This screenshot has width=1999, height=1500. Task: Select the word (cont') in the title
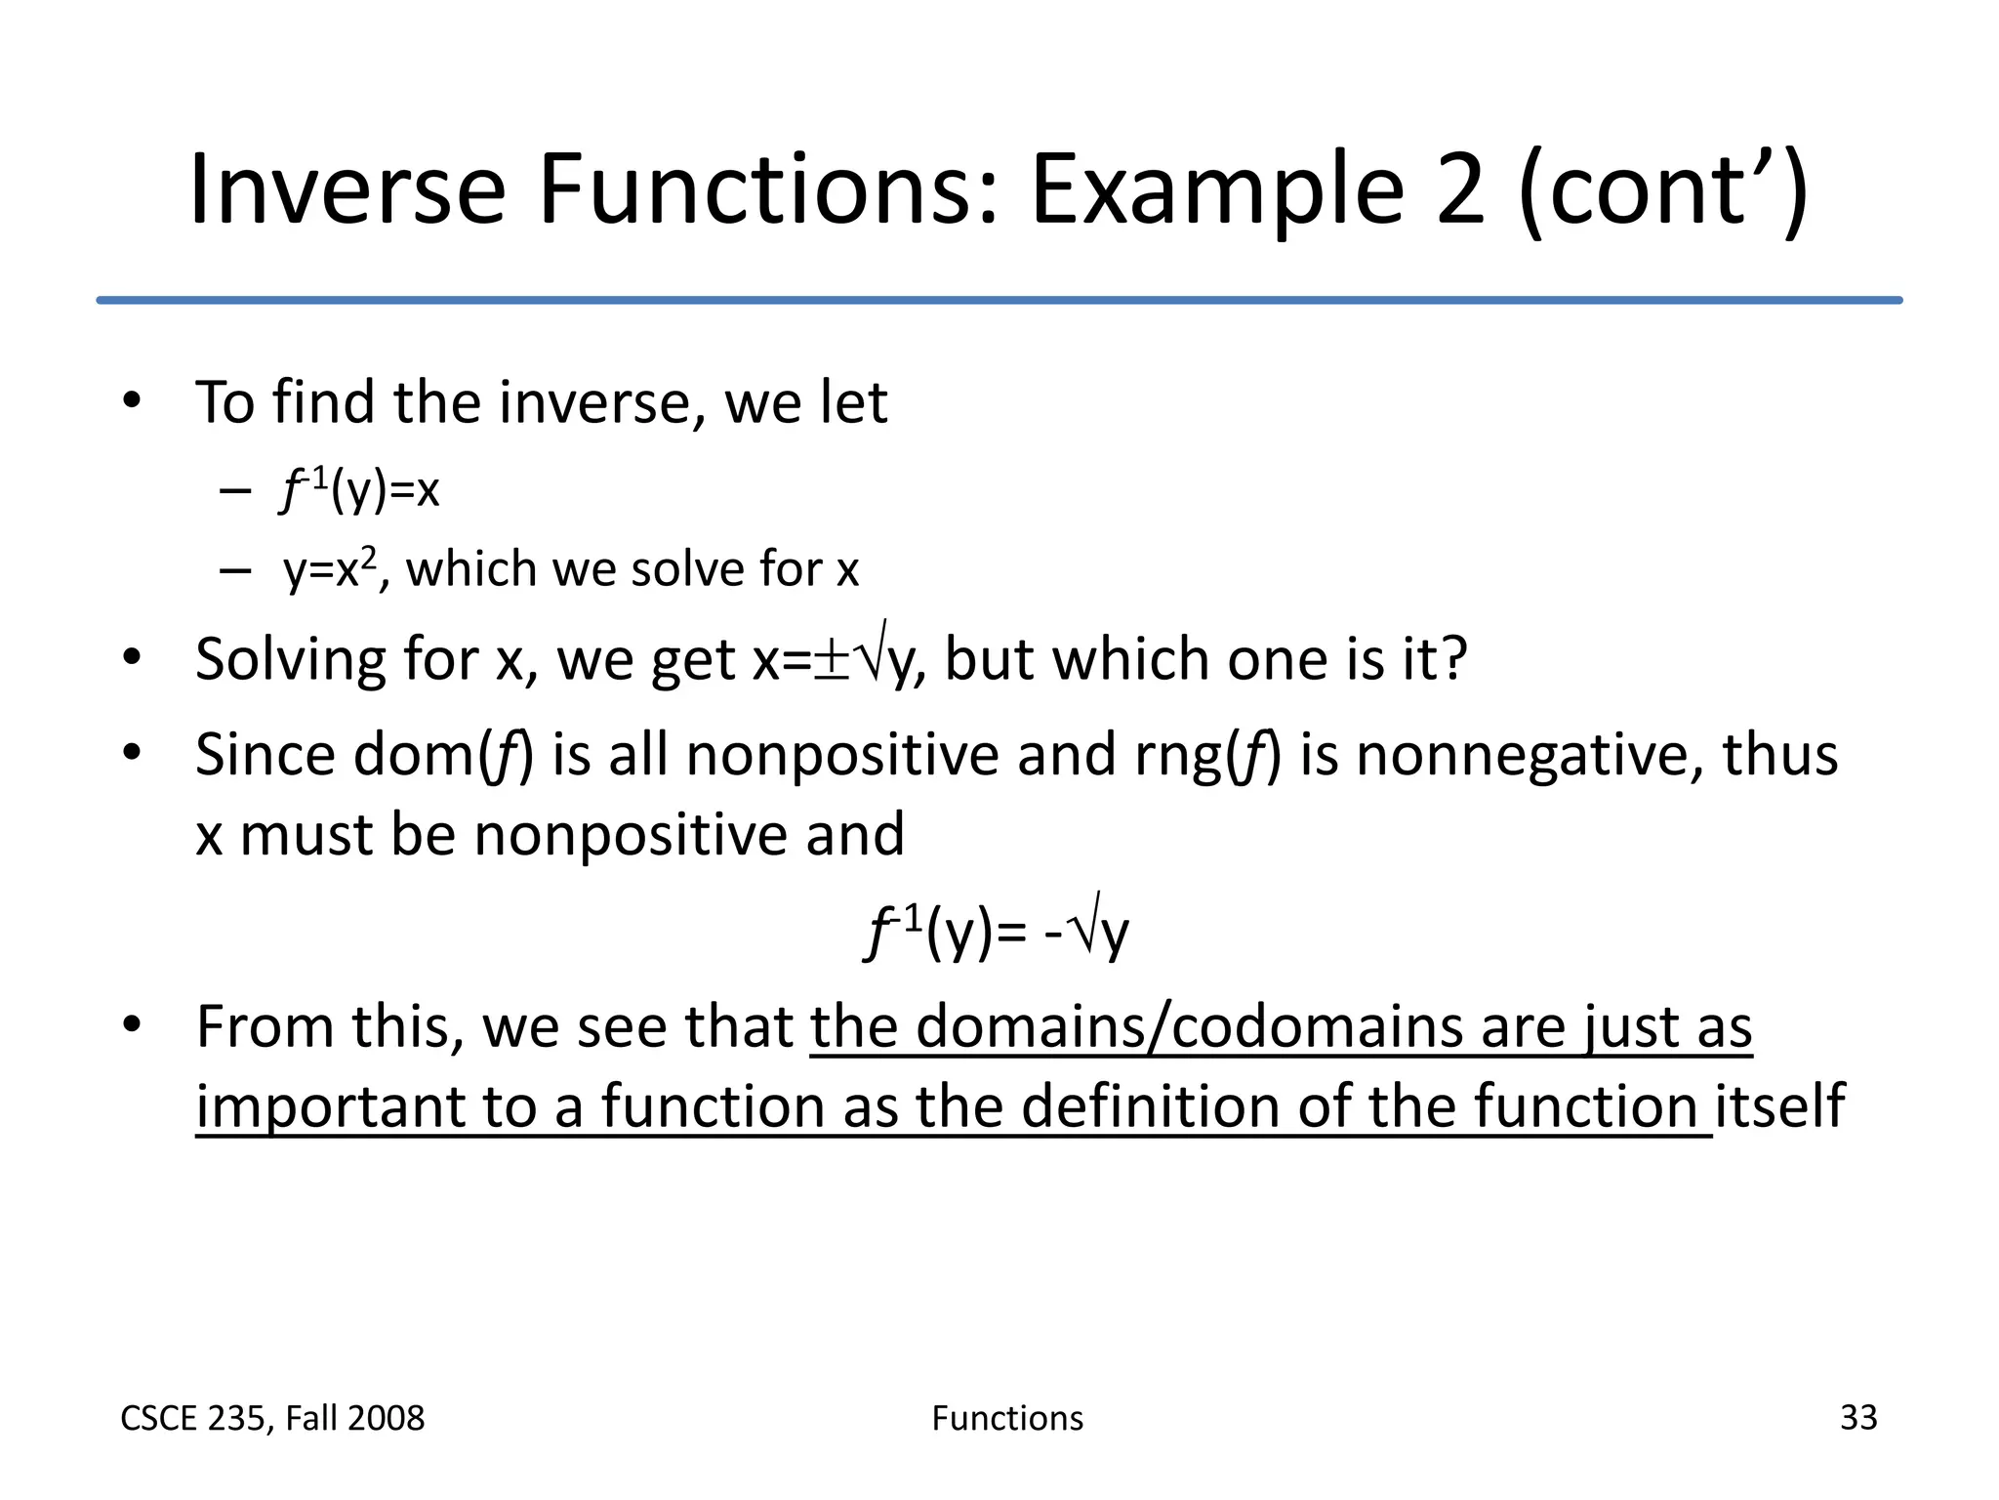click(x=1663, y=191)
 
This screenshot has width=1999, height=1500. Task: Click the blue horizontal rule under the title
click(x=999, y=300)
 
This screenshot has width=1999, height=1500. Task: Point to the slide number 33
click(x=1857, y=1417)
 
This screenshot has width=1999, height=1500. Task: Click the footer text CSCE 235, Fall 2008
click(x=272, y=1418)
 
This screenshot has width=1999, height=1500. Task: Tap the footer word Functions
click(x=1007, y=1418)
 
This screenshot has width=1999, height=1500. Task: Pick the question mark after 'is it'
click(x=1452, y=658)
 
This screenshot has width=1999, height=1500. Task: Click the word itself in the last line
click(x=1779, y=1105)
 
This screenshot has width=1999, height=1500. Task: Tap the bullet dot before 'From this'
click(x=133, y=1025)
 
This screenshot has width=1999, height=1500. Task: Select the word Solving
click(x=290, y=660)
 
